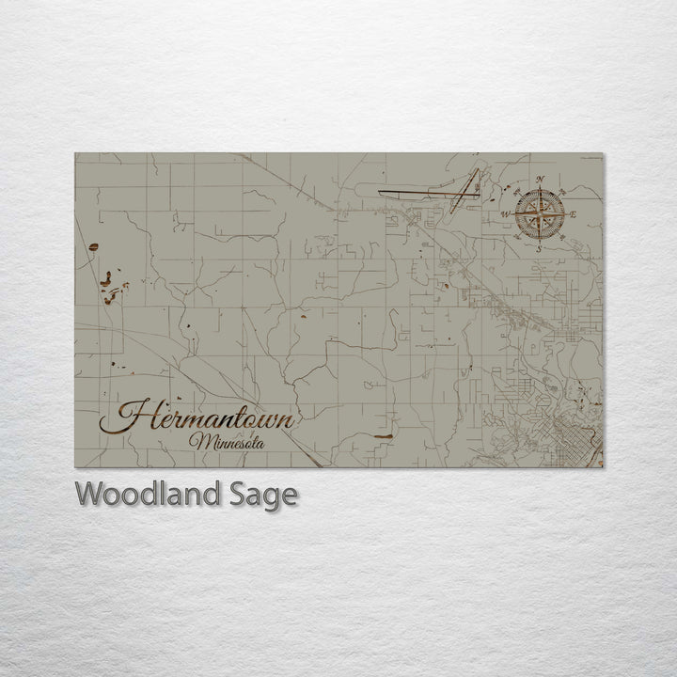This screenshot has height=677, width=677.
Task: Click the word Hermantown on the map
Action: click(199, 417)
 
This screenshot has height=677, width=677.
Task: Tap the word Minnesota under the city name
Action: click(226, 440)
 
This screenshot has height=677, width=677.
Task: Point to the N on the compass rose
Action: click(540, 180)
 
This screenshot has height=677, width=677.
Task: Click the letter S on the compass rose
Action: click(538, 249)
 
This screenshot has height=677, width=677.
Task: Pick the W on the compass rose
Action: click(505, 214)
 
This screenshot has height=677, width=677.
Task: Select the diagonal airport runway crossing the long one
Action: click(464, 191)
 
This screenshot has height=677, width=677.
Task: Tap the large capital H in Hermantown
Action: click(132, 417)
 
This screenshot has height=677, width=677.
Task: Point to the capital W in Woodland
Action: click(89, 495)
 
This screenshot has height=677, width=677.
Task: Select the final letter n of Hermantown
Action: click(288, 419)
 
